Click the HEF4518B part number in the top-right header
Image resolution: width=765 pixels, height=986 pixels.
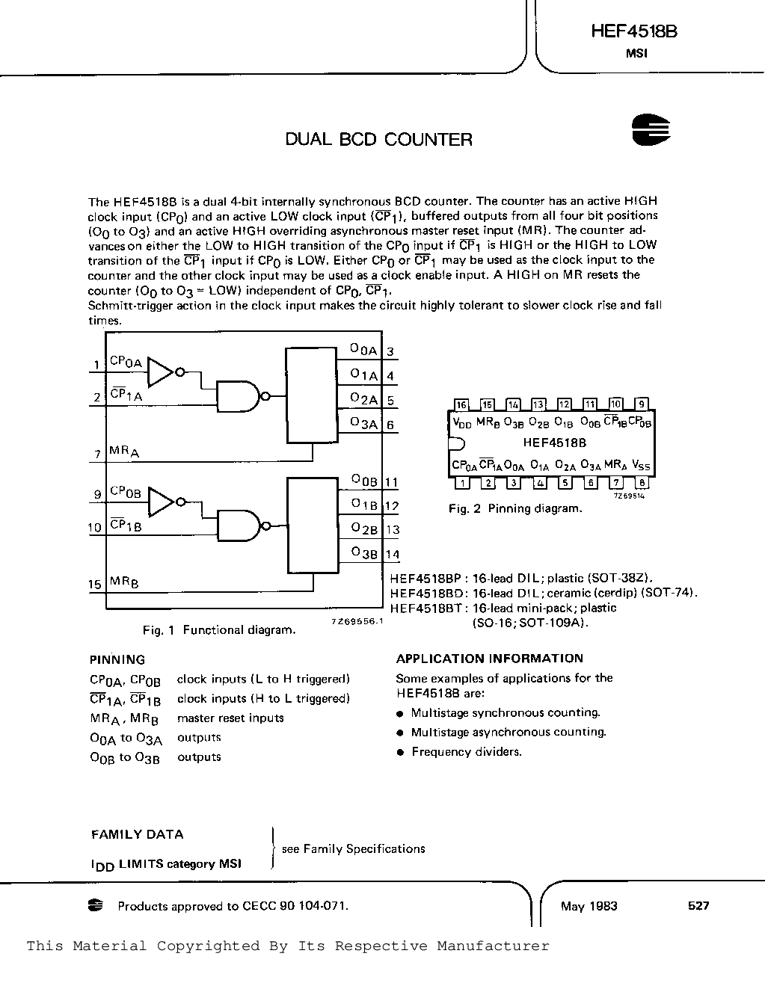634,31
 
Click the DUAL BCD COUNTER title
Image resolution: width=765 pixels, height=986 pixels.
379,139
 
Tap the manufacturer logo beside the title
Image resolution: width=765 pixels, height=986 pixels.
651,130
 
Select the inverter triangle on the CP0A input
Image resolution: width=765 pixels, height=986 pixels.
160,372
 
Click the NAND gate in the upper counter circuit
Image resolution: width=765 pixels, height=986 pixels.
239,396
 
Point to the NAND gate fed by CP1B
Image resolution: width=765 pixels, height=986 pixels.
239,526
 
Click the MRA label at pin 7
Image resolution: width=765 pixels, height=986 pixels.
124,452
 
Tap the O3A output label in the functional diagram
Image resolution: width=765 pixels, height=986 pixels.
364,423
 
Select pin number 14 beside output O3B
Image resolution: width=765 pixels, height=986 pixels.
393,554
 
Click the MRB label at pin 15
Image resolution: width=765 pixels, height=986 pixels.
124,582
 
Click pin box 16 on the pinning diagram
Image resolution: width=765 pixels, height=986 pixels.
461,404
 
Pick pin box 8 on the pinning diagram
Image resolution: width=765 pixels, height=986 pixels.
642,483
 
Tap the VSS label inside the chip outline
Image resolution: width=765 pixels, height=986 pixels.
641,465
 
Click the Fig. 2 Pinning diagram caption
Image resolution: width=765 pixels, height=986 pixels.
515,508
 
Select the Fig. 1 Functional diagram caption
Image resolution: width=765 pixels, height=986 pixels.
219,630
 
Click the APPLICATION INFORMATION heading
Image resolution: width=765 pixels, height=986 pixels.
490,659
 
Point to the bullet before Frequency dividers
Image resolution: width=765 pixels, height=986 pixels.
400,752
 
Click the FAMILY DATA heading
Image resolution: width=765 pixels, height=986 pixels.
138,834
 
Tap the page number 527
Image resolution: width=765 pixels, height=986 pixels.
698,906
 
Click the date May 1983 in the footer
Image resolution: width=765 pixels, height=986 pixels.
589,906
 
